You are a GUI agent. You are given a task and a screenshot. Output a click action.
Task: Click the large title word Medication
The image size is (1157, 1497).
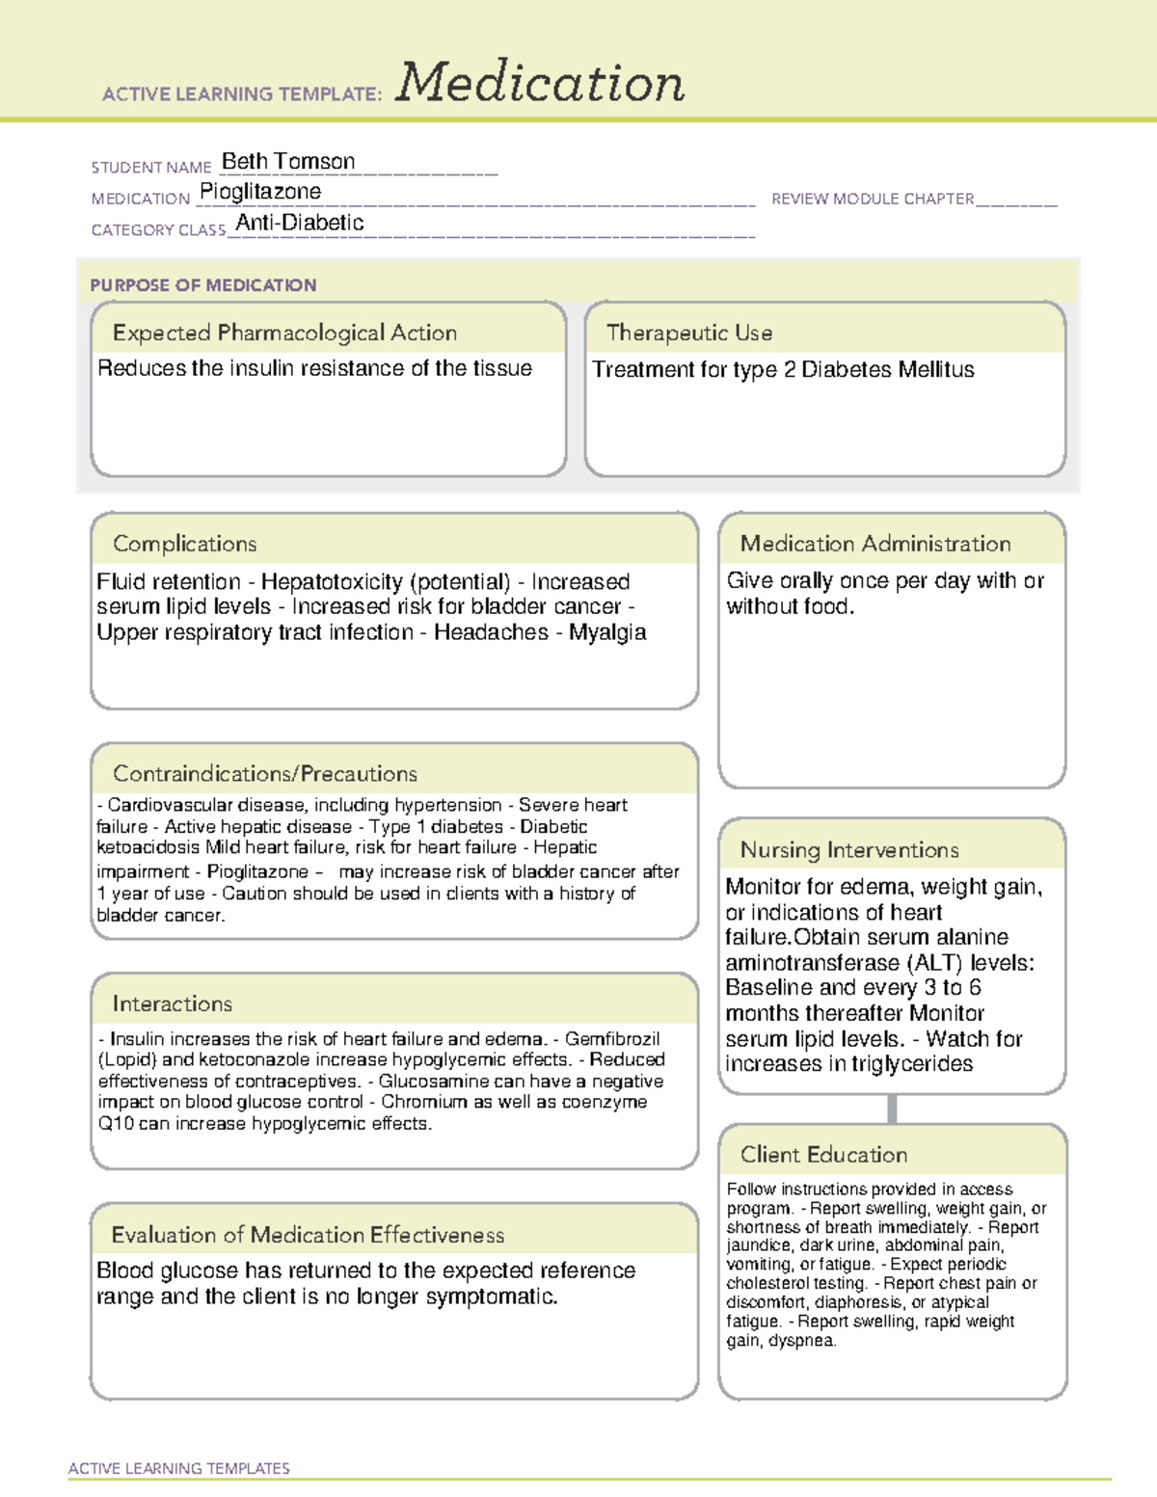pos(540,83)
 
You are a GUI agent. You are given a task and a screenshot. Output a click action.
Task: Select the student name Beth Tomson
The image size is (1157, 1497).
pos(288,162)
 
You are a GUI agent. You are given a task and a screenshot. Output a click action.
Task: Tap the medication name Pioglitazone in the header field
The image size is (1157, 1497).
pos(260,192)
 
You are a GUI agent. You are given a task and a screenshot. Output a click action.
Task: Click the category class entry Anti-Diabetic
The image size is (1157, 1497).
pos(300,223)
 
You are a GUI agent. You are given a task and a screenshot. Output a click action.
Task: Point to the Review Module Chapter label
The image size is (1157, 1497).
pos(873,199)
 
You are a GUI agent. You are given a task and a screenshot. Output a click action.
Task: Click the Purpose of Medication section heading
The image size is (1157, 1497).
pos(202,285)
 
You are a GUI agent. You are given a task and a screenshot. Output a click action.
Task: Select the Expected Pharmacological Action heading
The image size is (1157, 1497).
pos(284,333)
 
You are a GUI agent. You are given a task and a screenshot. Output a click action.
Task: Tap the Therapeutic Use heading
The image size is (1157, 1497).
pos(689,333)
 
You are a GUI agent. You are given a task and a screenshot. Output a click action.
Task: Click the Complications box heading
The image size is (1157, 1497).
pos(185,544)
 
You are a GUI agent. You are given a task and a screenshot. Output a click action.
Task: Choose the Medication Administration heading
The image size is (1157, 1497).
pos(875,544)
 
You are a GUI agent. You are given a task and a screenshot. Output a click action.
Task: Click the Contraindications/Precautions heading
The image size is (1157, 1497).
pos(265,774)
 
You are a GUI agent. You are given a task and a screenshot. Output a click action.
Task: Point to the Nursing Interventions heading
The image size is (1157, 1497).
pos(849,850)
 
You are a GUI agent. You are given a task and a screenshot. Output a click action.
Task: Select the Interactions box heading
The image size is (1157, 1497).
pos(173,1004)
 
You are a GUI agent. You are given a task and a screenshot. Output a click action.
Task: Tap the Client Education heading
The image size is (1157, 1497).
pos(823,1155)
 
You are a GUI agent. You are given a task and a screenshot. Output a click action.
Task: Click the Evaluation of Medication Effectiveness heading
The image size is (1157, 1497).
pos(308,1235)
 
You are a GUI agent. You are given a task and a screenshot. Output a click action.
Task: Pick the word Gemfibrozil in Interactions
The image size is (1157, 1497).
pos(612,1039)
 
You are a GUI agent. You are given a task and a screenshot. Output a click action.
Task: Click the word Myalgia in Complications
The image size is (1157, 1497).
pos(607,632)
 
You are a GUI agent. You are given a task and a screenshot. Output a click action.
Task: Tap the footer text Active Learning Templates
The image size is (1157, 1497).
pos(179,1468)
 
